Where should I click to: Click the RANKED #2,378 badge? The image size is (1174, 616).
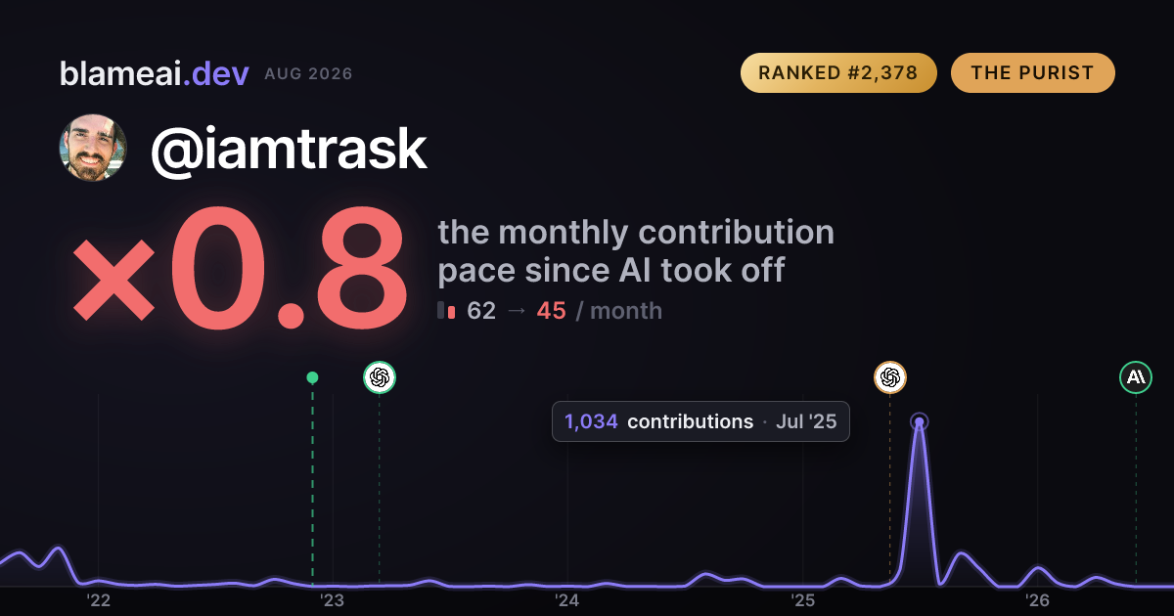(838, 72)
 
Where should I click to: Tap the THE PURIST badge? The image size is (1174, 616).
(1032, 72)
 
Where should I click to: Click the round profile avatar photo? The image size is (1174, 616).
(93, 149)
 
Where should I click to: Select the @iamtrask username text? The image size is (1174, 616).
(289, 150)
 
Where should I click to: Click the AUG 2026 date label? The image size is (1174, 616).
(308, 74)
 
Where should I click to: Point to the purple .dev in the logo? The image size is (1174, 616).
(216, 74)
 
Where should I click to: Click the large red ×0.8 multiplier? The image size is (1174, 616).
(240, 268)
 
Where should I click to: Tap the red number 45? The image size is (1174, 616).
(552, 311)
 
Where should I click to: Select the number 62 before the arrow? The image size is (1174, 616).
(481, 311)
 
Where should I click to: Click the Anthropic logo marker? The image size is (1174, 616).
(1136, 377)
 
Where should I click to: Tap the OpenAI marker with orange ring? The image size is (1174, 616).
(890, 377)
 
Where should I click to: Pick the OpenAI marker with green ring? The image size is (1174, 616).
(380, 377)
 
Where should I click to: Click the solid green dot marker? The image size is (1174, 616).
(312, 377)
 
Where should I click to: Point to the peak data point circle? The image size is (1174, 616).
(920, 421)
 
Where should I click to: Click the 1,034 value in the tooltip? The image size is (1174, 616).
(591, 421)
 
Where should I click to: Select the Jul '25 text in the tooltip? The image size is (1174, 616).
(806, 421)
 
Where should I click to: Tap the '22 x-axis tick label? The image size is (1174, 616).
(98, 600)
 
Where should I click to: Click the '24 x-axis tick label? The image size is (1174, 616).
(567, 600)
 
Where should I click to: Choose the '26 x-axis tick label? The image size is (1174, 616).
(1037, 600)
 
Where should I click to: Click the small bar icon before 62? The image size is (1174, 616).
(446, 310)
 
